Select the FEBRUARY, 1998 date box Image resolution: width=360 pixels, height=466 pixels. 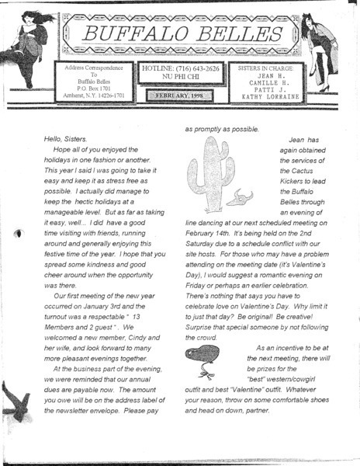(x=180, y=96)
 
